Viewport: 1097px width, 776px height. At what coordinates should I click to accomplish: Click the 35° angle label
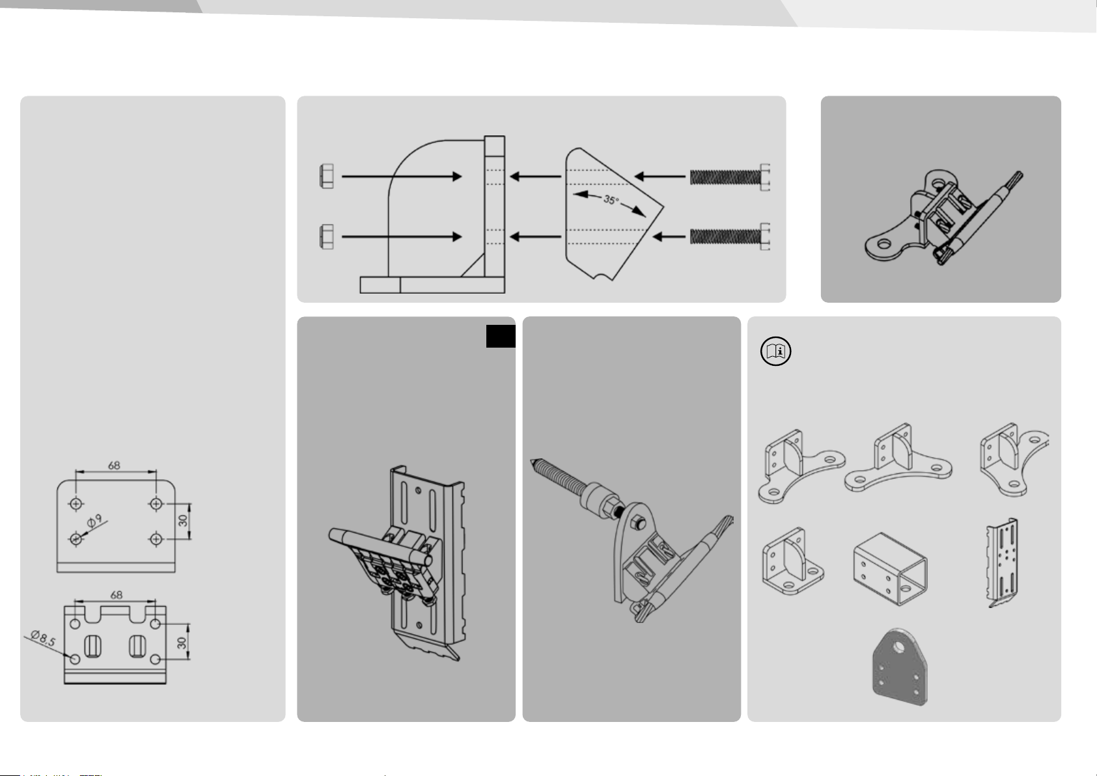(x=611, y=200)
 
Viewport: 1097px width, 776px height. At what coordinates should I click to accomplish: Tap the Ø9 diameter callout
(x=94, y=521)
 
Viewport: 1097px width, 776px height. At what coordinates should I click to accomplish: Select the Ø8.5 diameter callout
(x=43, y=638)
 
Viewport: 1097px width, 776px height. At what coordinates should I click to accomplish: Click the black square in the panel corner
(x=501, y=337)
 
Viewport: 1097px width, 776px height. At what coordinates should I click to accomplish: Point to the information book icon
(x=776, y=351)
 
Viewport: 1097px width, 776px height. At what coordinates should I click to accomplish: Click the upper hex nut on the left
(x=327, y=176)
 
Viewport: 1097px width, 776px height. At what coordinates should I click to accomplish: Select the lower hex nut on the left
(x=327, y=237)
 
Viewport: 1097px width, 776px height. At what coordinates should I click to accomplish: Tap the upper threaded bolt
(x=730, y=177)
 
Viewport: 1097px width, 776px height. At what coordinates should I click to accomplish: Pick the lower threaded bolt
(x=730, y=237)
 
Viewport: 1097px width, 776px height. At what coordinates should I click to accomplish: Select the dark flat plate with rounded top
(x=900, y=667)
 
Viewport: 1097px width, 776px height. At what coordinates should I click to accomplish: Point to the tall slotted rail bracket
(x=1002, y=562)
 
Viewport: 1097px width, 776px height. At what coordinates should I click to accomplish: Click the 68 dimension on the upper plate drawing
(x=114, y=465)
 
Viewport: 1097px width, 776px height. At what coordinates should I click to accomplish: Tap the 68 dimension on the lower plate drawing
(x=116, y=595)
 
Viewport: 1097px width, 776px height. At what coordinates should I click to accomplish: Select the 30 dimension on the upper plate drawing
(x=183, y=521)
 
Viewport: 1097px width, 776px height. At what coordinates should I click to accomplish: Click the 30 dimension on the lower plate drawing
(x=182, y=643)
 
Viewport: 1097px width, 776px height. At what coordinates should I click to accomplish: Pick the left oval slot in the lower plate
(x=92, y=646)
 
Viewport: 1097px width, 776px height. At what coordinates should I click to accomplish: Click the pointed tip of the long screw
(x=531, y=461)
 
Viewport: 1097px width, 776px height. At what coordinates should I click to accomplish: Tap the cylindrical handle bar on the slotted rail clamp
(x=380, y=546)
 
